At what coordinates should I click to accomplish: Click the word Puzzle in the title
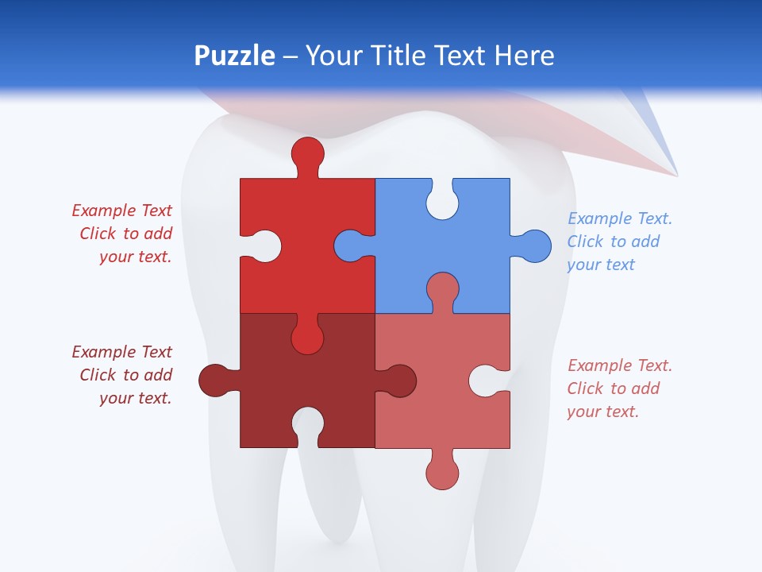[235, 56]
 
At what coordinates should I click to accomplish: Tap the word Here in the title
[524, 56]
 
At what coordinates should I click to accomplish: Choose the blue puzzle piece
[476, 270]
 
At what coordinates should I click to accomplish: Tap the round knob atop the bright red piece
[307, 153]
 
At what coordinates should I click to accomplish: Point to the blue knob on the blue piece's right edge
[535, 245]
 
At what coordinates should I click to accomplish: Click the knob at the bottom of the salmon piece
[442, 473]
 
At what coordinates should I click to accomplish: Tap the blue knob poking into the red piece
[349, 245]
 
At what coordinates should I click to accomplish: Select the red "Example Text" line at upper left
[121, 211]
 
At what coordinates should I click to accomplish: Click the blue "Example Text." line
[620, 218]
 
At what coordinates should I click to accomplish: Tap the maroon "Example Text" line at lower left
[121, 352]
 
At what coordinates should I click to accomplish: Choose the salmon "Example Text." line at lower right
[620, 365]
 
